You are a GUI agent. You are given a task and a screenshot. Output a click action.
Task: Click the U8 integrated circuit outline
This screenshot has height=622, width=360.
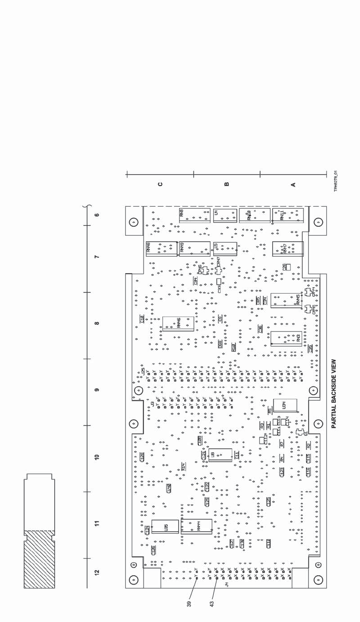tap(220, 455)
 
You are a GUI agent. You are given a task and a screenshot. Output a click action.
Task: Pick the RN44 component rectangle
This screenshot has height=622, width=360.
tap(196, 527)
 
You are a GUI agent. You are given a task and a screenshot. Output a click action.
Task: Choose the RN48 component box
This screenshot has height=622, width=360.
tap(161, 249)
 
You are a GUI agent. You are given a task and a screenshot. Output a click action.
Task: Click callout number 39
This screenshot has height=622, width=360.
tap(189, 604)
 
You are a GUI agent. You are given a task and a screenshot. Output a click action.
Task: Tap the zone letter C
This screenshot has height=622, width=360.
tap(161, 184)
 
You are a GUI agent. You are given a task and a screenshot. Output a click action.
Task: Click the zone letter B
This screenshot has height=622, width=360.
tap(227, 184)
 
